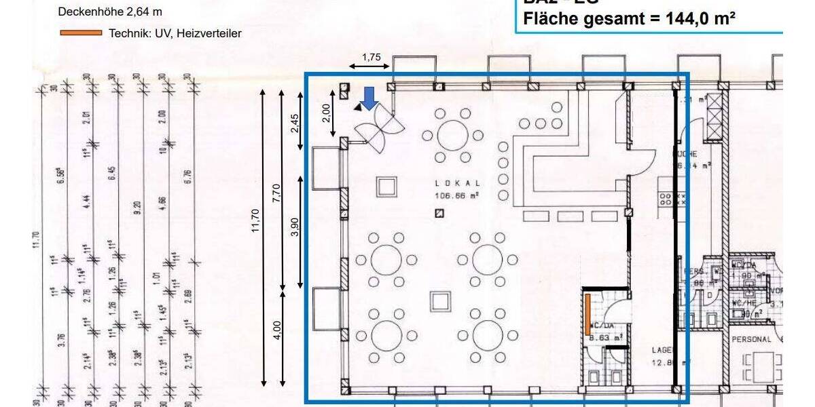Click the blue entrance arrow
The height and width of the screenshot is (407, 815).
pos(369,98)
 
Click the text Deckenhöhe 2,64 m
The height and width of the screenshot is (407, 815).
pos(110,12)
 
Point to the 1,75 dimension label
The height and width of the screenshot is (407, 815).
pos(371,57)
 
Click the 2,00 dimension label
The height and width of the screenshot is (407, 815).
pos(326,113)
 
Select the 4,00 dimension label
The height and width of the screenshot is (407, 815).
pos(276,330)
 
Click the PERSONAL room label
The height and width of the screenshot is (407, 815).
pos(751,339)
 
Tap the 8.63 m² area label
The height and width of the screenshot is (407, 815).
pos(606,336)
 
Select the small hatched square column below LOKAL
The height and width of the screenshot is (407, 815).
pos(440,214)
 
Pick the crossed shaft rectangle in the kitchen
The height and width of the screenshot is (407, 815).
pos(716,121)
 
